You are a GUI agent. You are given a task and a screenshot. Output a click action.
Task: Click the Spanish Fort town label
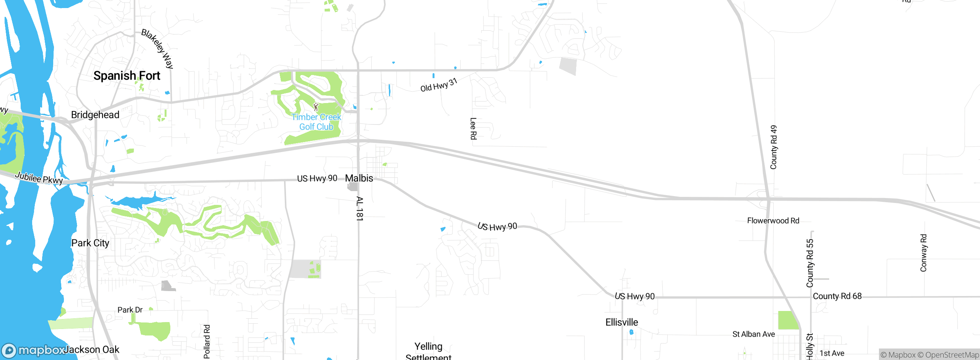(127, 76)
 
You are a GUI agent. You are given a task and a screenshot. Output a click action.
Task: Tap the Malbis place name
(359, 178)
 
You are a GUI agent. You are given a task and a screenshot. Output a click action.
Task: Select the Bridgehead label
(95, 115)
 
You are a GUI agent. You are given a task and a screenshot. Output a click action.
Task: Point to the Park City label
(90, 243)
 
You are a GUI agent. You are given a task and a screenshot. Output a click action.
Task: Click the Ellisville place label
(622, 322)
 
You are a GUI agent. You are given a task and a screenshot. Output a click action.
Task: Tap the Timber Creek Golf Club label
(316, 122)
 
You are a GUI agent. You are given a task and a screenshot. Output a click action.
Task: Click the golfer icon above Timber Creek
(316, 107)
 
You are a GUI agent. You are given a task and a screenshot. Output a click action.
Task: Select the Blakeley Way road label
(157, 49)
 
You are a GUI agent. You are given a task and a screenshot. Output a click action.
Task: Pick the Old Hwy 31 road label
(439, 85)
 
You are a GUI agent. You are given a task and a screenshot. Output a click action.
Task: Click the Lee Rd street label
(474, 129)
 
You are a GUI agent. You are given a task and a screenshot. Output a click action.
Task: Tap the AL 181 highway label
(359, 209)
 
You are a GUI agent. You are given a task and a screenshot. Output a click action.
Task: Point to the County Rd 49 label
(774, 147)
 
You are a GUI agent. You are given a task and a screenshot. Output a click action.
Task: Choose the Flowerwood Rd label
(773, 221)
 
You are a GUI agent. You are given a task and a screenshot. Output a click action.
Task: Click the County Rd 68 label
(837, 296)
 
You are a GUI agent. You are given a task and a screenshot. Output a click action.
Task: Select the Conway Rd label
(923, 253)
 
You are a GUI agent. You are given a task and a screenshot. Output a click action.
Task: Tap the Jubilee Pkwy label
(39, 178)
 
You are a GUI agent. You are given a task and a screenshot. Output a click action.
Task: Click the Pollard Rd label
(207, 342)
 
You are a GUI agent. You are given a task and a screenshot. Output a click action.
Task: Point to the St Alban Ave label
(753, 334)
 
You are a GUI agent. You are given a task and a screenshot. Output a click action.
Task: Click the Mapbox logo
(34, 350)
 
